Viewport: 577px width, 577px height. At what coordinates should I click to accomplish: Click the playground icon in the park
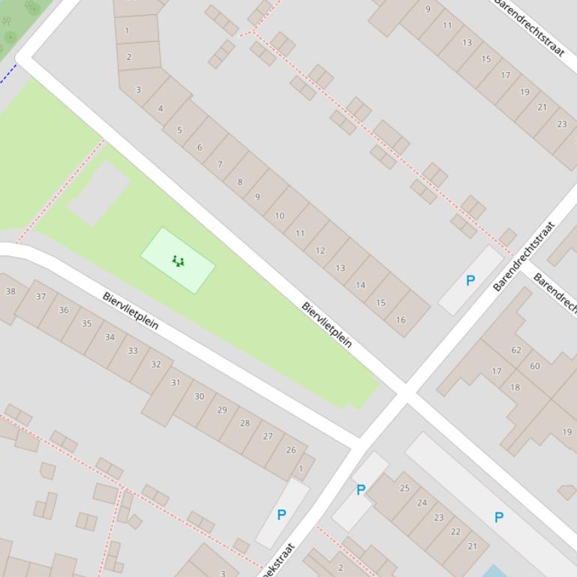pos(178,262)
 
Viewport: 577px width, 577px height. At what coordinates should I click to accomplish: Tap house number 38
pos(11,291)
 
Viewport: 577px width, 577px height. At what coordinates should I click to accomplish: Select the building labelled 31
pos(175,382)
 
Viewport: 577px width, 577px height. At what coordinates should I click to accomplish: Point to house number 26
pos(291,450)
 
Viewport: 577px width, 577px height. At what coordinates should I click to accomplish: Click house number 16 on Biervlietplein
pos(401,320)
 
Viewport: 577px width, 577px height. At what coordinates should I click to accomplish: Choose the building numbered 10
pos(279,216)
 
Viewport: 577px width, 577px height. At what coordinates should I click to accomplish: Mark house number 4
pos(161,109)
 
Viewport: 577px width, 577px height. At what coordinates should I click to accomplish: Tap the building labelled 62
pos(516,350)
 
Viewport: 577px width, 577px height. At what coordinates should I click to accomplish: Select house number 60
pos(535,366)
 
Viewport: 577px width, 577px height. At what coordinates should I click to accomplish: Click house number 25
pos(404,488)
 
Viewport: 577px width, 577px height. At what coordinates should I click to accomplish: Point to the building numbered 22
pos(455,531)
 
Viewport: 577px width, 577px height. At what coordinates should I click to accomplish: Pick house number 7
pos(220,164)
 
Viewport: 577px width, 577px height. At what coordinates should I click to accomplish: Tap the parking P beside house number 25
pos(361,490)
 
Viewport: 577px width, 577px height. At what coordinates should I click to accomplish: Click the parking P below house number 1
pos(281,515)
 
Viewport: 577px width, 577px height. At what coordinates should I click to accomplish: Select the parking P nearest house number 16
pos(470,281)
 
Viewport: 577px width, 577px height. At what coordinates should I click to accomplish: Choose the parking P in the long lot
pos(499,517)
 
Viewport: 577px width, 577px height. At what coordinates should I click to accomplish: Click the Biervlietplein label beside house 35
pos(131,311)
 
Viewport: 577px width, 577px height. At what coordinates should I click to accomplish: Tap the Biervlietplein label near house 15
pos(327,324)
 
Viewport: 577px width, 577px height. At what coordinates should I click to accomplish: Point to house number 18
pos(515,387)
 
